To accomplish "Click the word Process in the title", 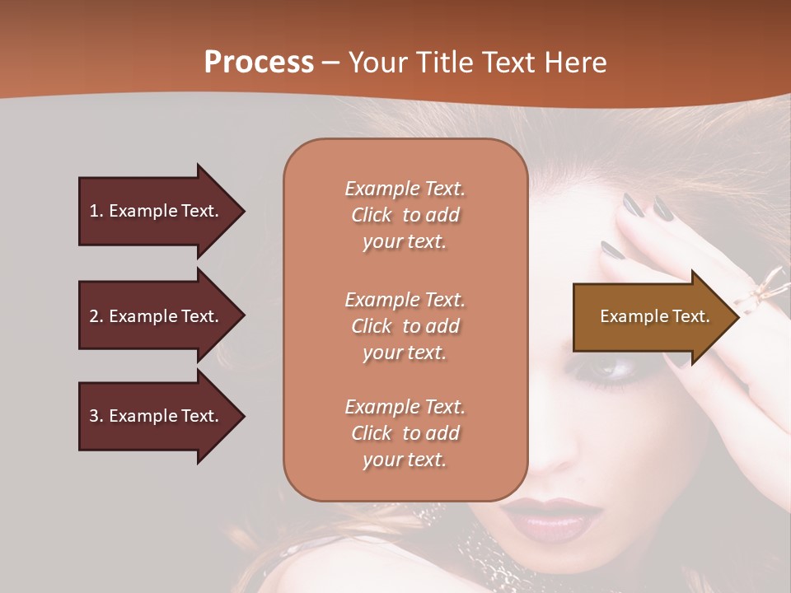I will point(259,63).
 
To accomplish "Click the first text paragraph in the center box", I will point(405,215).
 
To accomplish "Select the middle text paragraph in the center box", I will point(405,326).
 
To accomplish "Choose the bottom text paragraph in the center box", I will point(405,433).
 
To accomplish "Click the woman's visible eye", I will point(611,370).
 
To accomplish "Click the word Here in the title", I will point(578,63).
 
